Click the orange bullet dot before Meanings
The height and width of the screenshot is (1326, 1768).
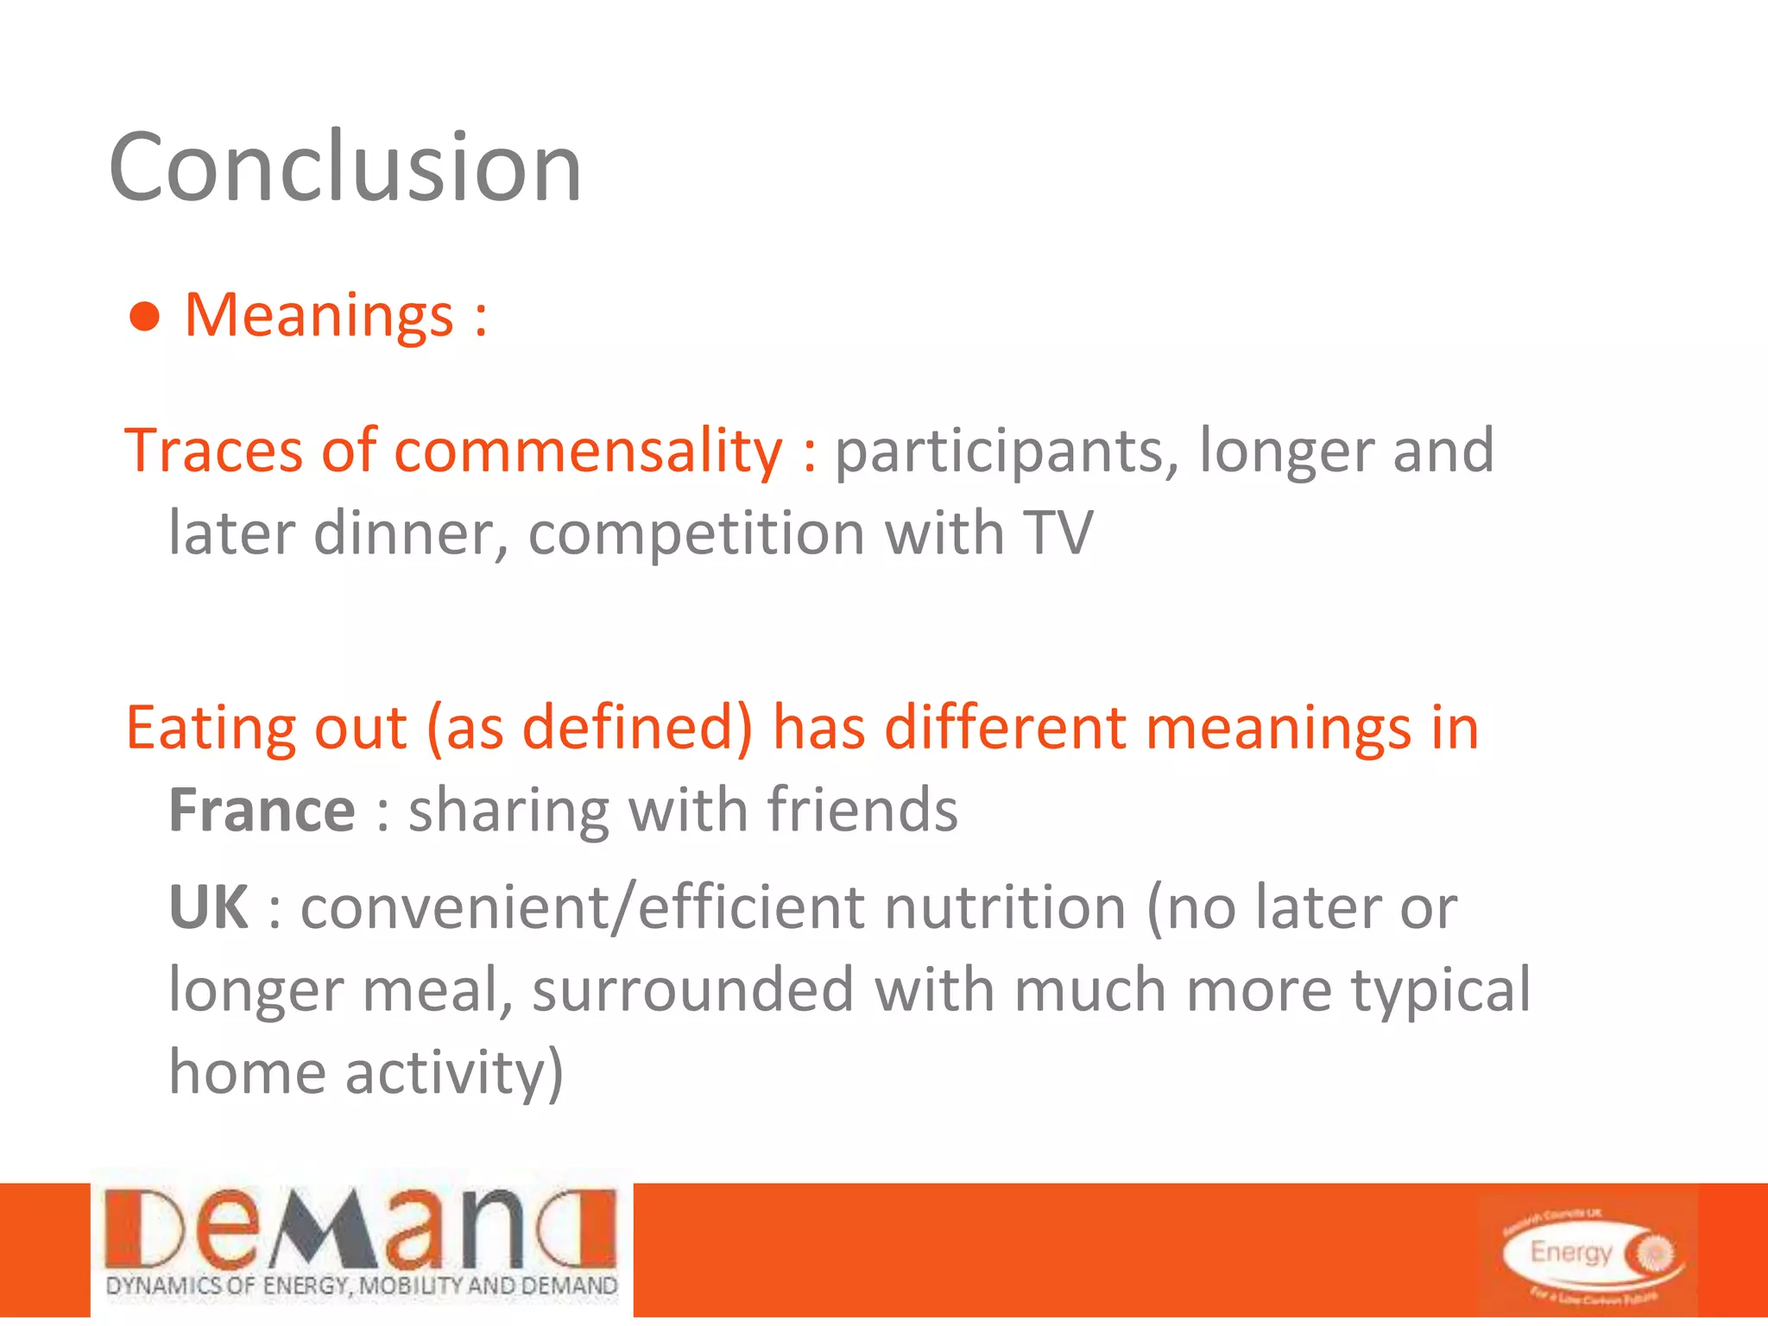click(145, 317)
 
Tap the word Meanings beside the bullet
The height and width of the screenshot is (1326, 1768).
click(319, 315)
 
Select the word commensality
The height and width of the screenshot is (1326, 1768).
click(588, 451)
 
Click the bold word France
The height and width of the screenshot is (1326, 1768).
click(262, 811)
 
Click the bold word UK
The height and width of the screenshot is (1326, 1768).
click(209, 907)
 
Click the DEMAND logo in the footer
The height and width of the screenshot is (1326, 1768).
click(362, 1243)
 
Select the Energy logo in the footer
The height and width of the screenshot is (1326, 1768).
click(1588, 1252)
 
